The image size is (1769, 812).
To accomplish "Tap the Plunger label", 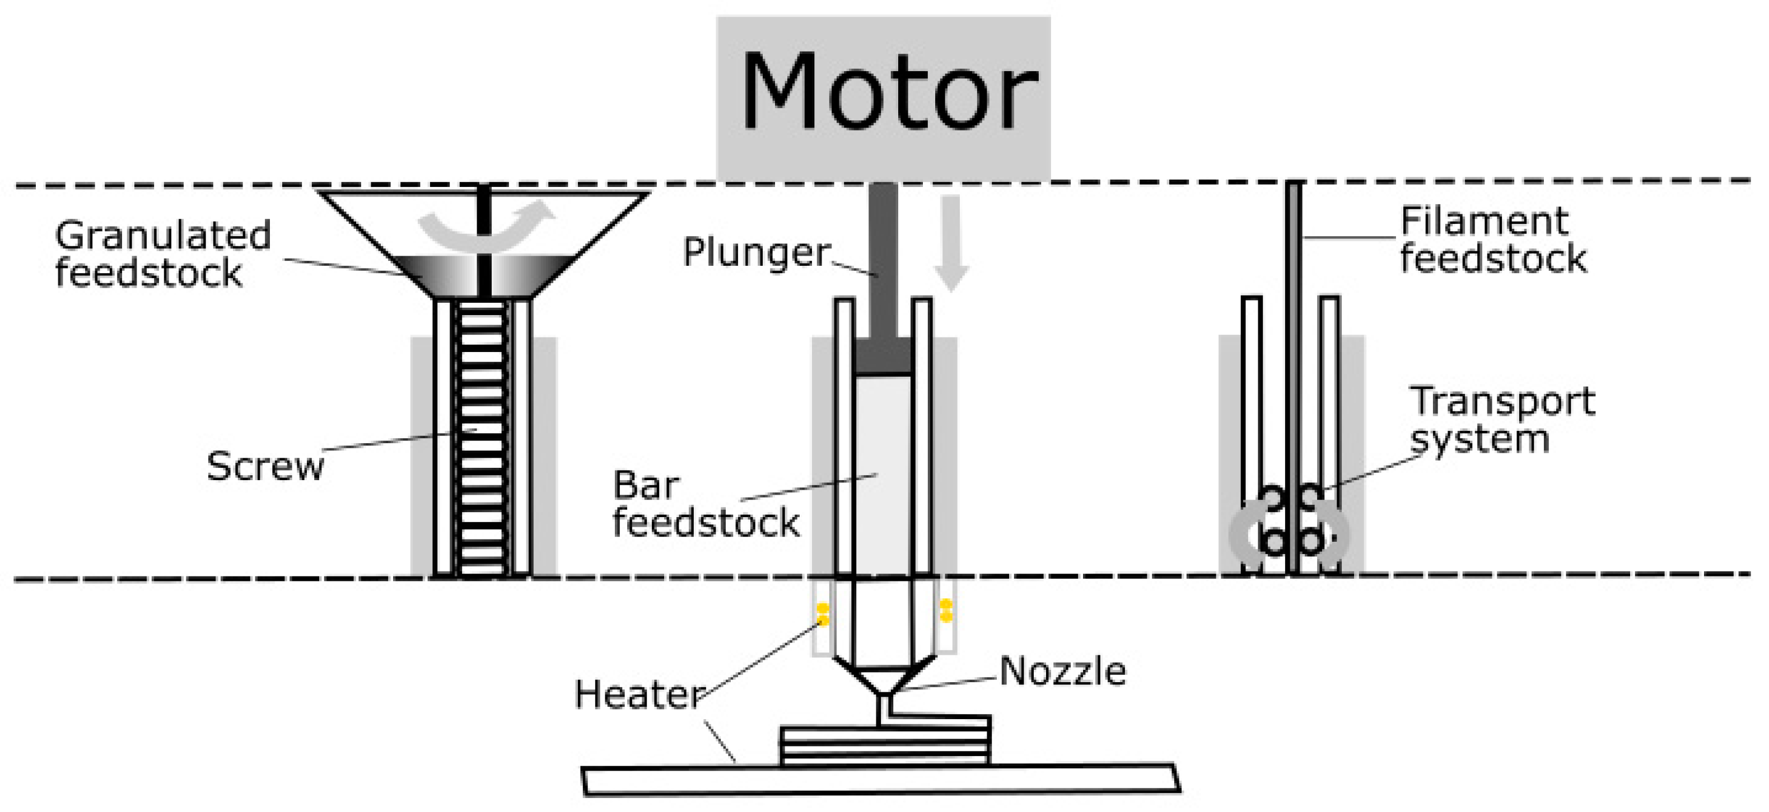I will click(x=756, y=252).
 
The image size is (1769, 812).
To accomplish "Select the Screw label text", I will click(x=265, y=467).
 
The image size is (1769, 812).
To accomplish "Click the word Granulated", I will click(x=164, y=236).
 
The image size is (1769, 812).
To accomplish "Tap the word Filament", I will click(x=1484, y=222).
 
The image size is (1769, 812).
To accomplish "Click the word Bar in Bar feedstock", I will click(x=646, y=486).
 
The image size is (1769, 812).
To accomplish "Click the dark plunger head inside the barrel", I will click(x=883, y=355).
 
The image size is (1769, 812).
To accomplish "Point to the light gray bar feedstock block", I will click(x=883, y=473).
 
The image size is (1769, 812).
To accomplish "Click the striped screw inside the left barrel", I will click(x=483, y=439).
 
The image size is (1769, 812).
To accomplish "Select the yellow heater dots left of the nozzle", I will click(x=822, y=614).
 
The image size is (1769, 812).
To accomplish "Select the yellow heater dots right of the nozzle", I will click(x=946, y=610).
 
